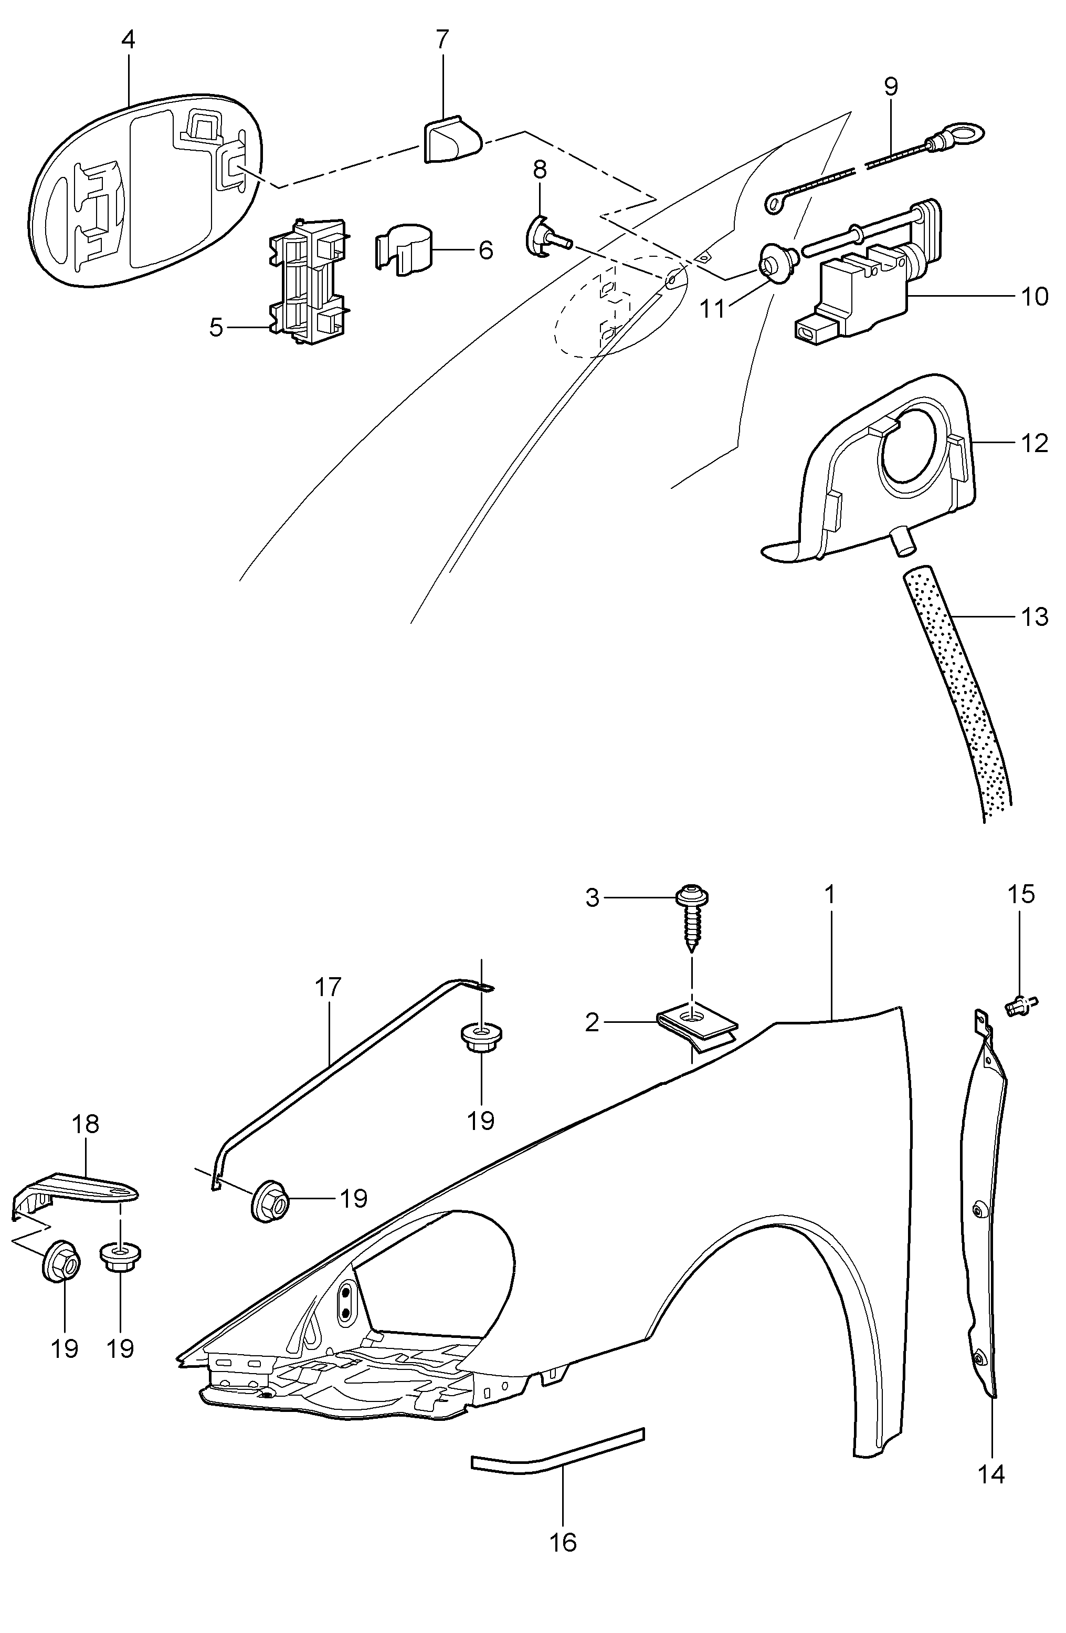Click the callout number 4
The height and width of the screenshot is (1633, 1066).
128,40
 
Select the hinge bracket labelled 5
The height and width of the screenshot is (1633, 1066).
308,280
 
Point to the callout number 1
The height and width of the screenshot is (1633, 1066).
830,895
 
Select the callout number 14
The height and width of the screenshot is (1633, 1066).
991,1473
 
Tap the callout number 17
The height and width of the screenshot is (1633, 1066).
328,987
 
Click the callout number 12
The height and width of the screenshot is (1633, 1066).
1034,443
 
